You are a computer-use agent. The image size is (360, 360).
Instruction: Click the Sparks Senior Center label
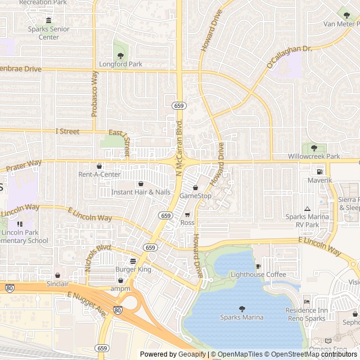pos(49,33)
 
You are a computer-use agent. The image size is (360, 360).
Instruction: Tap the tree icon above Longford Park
pos(120,55)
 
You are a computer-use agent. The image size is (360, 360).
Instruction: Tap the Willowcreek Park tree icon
pos(314,148)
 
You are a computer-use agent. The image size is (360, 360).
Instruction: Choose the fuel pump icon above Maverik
pos(319,172)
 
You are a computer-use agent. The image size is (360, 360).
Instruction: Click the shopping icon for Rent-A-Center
pos(100,166)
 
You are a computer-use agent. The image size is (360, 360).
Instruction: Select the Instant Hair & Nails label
pos(141,192)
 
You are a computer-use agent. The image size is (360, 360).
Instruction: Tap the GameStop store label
pos(195,196)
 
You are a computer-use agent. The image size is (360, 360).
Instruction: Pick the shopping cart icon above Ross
pos(187,214)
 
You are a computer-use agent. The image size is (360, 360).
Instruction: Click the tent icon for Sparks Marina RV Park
pos(307,209)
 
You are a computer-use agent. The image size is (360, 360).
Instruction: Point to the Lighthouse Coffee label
pos(258,274)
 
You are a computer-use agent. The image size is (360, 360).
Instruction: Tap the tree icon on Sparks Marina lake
pos(242,308)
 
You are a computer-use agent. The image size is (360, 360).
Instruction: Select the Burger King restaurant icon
pos(133,261)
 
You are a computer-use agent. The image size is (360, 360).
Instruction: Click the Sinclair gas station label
pos(57,284)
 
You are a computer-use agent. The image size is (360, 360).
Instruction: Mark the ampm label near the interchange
pos(120,289)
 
